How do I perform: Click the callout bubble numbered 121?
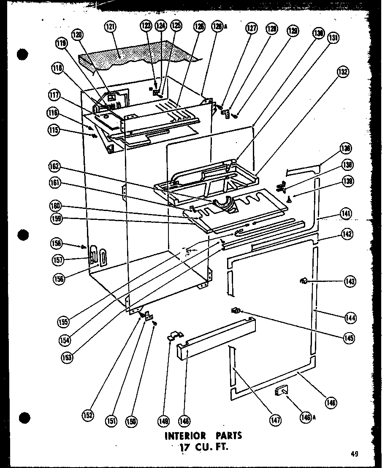[111, 27]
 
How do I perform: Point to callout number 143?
[350, 281]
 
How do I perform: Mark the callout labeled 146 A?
[308, 417]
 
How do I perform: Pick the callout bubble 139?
[348, 181]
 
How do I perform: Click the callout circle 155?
[65, 322]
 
